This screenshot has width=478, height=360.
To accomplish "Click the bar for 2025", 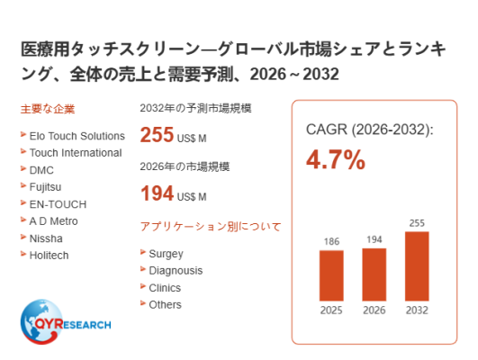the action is tap(331, 275).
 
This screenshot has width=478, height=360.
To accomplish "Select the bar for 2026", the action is tap(374, 274).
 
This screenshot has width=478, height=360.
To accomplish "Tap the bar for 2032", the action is tap(417, 266).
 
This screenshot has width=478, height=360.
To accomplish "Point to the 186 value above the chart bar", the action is tap(331, 242).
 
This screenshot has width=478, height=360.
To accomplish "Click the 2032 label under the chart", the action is tap(417, 310).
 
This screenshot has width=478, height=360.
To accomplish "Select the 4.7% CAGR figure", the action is tap(336, 159).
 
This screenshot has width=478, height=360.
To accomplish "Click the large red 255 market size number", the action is tap(157, 134).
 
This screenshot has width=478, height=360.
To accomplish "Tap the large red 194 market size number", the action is tap(157, 193).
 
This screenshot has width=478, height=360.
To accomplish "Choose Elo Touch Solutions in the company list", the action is tap(77, 136).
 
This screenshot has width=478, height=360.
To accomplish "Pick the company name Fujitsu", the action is tap(45, 187).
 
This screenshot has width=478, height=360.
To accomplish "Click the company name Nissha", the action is tap(46, 238).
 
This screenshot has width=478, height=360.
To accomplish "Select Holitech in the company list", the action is tap(50, 256).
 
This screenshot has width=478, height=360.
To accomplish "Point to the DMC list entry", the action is tap(41, 170).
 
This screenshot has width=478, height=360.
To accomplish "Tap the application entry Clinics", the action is tap(165, 288).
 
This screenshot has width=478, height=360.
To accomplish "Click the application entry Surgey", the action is tap(167, 254).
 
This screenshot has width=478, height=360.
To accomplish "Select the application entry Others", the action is tap(166, 305).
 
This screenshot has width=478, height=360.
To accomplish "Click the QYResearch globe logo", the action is tap(41, 322).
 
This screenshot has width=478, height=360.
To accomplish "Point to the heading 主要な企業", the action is tap(48, 109).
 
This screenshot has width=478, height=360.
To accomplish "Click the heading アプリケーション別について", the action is tap(211, 227).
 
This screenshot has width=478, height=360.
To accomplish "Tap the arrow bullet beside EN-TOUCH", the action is tap(23, 202).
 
